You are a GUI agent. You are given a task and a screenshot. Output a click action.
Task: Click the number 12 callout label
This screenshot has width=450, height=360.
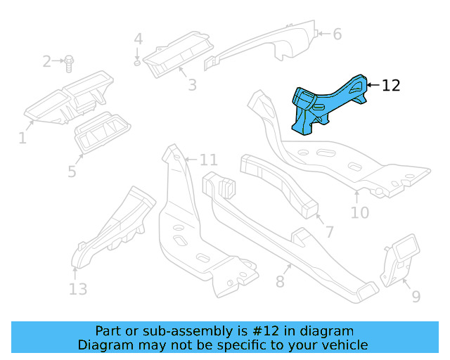coord(391,86)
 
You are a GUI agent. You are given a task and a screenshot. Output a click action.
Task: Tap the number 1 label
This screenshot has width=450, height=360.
coord(22,139)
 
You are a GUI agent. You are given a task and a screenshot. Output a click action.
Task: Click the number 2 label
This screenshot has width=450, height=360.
coord(47,62)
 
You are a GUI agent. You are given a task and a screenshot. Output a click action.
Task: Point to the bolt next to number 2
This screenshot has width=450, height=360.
coord(69,64)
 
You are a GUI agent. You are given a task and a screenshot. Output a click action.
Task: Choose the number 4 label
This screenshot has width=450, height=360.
coord(139,39)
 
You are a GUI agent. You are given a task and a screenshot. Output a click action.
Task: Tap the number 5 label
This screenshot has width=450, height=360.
coord(72,171)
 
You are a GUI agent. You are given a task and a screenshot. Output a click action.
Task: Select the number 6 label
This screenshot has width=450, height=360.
coord(337,34)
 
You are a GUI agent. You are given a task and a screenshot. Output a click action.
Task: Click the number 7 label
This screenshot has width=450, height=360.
coord(328,231)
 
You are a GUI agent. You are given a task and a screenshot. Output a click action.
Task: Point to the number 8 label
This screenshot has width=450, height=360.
coord(279,282)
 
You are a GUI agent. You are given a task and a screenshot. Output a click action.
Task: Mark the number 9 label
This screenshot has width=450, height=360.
coord(416,296)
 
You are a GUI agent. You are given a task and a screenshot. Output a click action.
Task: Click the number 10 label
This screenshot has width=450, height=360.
coord(359,210)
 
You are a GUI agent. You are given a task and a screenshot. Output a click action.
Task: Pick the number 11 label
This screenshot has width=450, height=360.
coord(209,160)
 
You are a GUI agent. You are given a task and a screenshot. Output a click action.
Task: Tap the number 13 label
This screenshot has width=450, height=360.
coord(78,288)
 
